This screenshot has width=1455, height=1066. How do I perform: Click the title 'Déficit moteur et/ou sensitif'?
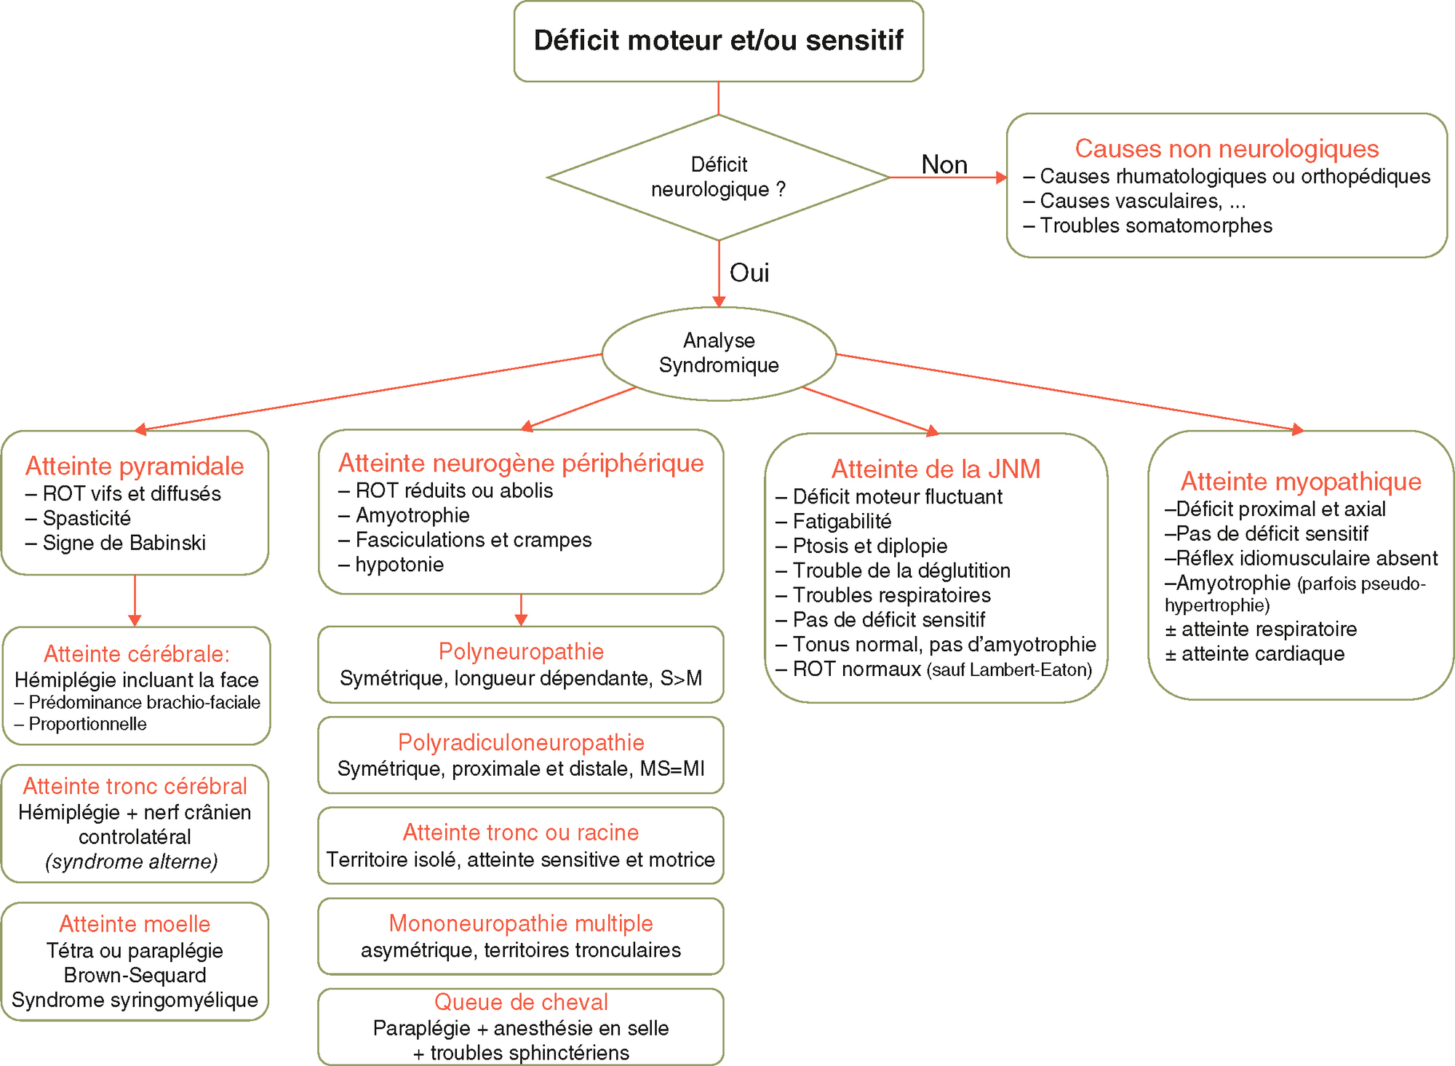click(718, 40)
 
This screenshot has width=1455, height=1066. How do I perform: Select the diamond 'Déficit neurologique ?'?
click(718, 177)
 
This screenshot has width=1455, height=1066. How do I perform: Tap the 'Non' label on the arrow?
click(944, 164)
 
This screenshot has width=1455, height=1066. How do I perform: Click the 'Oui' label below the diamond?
click(749, 273)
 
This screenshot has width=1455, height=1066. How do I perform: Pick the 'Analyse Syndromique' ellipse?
click(718, 353)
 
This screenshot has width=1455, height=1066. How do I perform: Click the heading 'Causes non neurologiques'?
click(1227, 148)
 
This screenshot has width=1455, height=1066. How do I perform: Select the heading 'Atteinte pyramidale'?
click(135, 466)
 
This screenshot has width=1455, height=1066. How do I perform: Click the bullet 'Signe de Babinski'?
click(124, 543)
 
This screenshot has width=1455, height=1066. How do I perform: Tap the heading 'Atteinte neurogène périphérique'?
click(521, 463)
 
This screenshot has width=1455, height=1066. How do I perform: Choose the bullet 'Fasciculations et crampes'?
click(473, 540)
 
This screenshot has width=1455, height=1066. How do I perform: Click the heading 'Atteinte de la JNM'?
click(936, 469)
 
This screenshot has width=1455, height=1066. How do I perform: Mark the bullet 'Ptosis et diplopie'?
click(869, 546)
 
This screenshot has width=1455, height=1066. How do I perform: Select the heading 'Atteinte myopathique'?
click(1301, 481)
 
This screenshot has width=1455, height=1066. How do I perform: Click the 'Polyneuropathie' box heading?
click(521, 651)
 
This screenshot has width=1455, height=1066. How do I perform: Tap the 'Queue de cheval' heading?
click(521, 1002)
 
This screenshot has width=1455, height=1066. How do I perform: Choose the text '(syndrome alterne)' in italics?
click(132, 862)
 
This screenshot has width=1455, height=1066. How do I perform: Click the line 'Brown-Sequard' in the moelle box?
click(135, 975)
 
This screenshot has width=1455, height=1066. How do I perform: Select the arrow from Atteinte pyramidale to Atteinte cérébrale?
click(135, 600)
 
